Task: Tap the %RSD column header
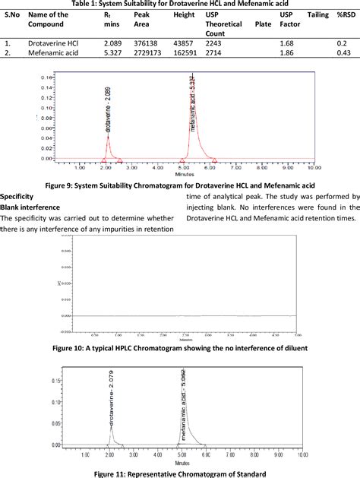tap(345, 15)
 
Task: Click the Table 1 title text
tap(180, 5)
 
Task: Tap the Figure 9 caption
tap(180, 185)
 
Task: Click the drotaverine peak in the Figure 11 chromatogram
tap(112, 429)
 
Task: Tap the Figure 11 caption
tap(180, 473)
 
